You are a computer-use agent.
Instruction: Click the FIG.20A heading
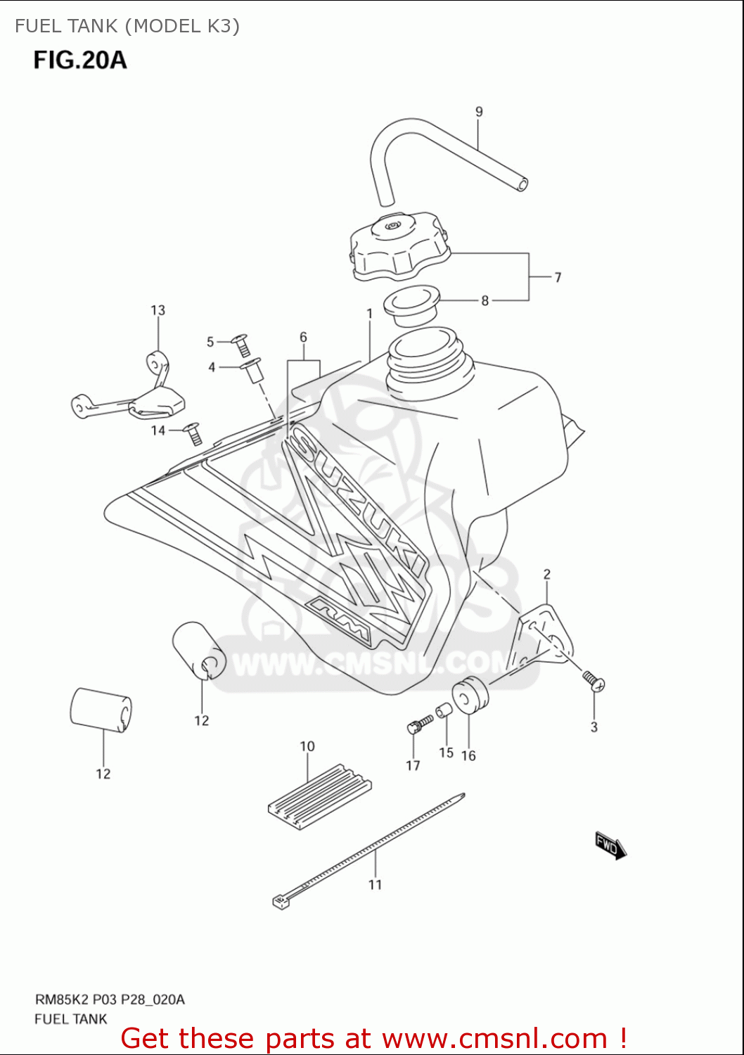(x=80, y=60)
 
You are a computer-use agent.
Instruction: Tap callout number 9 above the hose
(x=479, y=111)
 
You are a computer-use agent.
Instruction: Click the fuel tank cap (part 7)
(x=398, y=245)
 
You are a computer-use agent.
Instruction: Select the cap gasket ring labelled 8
(x=411, y=305)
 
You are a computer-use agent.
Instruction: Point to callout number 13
(x=158, y=310)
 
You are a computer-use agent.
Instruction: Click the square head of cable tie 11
(x=281, y=901)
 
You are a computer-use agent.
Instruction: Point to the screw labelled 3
(x=594, y=681)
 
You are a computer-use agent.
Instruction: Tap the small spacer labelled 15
(x=443, y=711)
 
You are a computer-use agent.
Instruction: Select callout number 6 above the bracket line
(x=303, y=337)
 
